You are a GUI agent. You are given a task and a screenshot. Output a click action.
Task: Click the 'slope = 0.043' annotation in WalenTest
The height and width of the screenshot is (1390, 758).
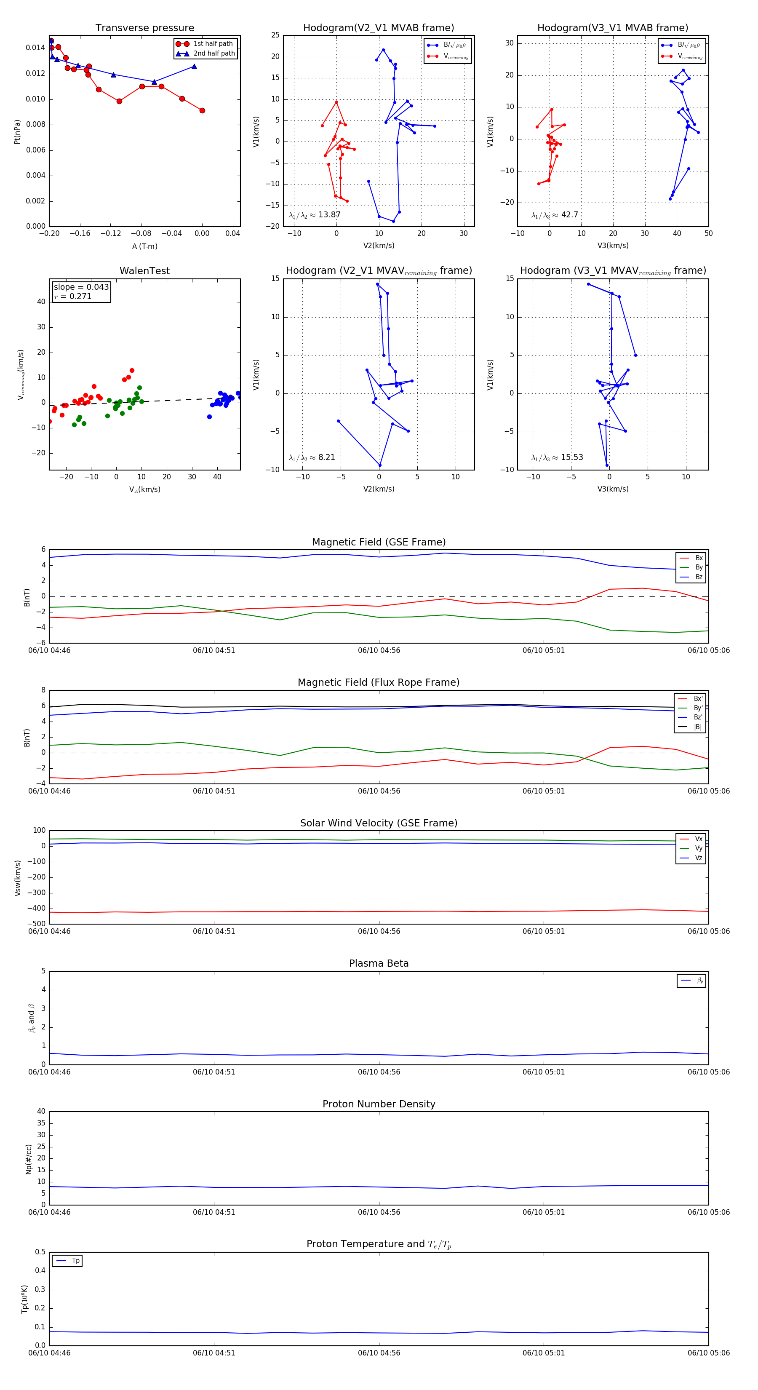(81, 287)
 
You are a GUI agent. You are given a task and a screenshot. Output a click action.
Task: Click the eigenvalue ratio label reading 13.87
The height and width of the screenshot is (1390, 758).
(315, 215)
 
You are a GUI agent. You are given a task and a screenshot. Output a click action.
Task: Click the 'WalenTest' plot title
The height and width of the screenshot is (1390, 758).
(144, 271)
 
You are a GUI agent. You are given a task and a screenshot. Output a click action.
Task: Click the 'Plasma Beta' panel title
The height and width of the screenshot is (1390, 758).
(379, 963)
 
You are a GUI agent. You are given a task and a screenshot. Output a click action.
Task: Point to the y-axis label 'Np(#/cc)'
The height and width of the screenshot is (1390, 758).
(29, 1158)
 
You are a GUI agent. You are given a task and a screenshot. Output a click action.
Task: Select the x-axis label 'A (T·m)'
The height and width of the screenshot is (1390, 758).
(144, 246)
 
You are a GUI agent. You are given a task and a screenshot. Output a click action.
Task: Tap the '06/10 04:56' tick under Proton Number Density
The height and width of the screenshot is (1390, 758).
(379, 1212)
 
